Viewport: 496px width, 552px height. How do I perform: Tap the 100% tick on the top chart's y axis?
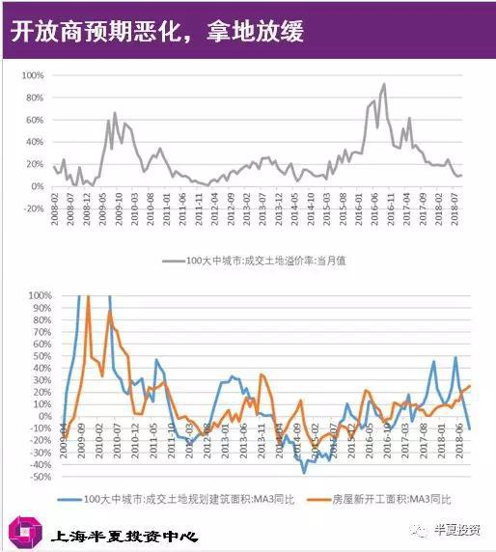click(x=32, y=75)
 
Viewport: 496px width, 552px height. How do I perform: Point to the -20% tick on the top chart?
click(x=32, y=207)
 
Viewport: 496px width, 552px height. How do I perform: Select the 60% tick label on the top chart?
click(x=34, y=120)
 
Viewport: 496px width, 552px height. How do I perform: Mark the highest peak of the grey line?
click(x=384, y=84)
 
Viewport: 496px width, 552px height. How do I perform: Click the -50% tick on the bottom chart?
click(x=40, y=477)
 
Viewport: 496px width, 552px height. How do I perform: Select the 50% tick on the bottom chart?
click(x=41, y=355)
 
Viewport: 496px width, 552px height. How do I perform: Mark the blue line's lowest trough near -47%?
click(x=305, y=472)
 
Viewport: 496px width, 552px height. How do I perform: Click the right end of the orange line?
click(x=471, y=385)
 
